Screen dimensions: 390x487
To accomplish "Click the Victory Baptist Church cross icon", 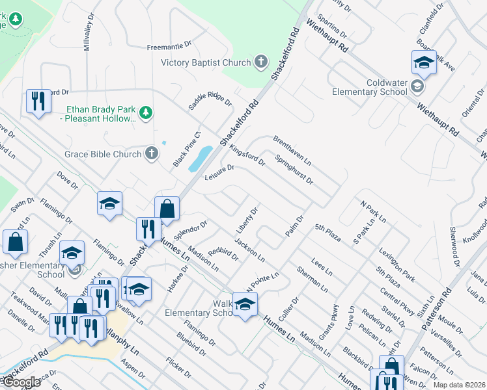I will (x=260, y=62).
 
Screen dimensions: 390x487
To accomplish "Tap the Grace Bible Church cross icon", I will (x=151, y=154).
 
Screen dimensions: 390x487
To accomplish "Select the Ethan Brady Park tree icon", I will (x=147, y=113).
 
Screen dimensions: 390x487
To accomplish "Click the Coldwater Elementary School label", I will (x=369, y=87).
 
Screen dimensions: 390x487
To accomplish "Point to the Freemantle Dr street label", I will (x=169, y=46).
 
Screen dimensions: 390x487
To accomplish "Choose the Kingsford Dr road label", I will (x=247, y=155).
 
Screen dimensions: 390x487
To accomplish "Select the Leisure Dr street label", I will (x=219, y=172).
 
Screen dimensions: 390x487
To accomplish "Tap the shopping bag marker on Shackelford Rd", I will (x=167, y=209).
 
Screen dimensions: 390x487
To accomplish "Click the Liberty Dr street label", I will (x=247, y=221).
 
